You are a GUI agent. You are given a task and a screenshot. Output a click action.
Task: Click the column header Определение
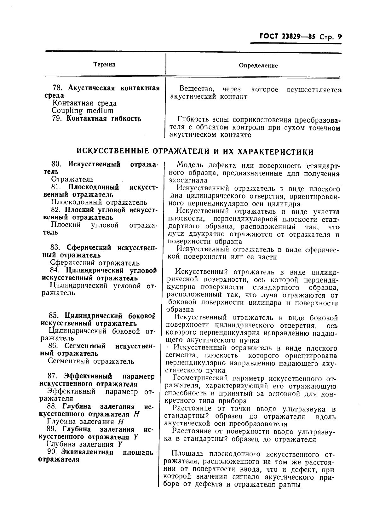coord(258,66)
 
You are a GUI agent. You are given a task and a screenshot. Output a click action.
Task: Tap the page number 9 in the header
coord(339,37)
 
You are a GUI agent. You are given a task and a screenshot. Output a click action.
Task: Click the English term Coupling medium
coord(82,111)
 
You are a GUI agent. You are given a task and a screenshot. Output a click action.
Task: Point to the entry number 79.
coord(57,119)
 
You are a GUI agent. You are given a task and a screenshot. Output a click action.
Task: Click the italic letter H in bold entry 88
coord(136,414)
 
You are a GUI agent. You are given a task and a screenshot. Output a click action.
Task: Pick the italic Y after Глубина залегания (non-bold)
coord(120,445)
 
